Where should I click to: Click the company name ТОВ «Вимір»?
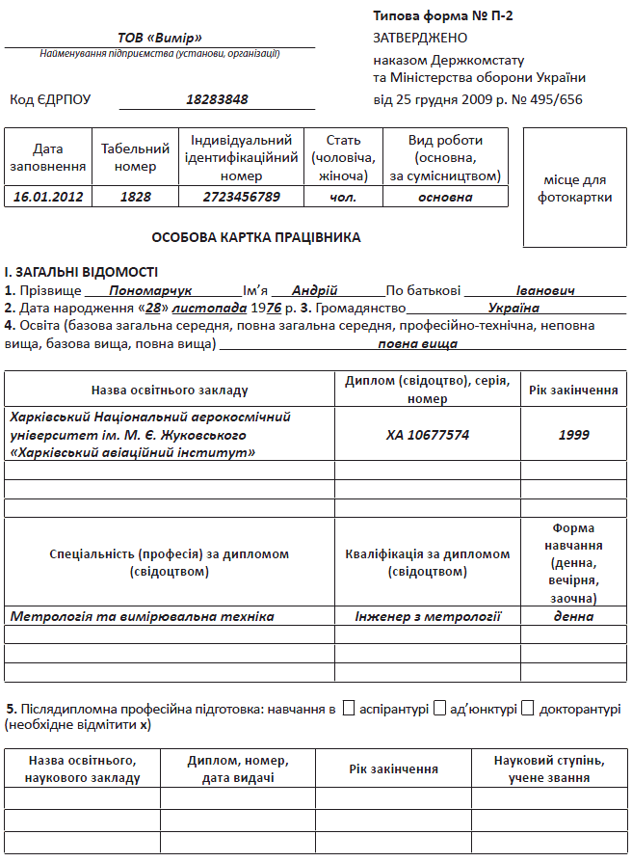click(x=159, y=38)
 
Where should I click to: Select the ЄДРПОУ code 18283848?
click(x=217, y=98)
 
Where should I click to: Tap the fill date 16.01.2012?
click(x=48, y=197)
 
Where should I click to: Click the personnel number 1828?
click(x=136, y=197)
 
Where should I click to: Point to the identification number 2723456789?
click(x=241, y=197)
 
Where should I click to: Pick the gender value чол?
click(x=343, y=197)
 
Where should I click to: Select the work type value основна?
click(x=445, y=197)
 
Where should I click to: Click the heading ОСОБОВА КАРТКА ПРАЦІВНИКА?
click(x=256, y=236)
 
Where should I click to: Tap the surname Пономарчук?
click(x=151, y=290)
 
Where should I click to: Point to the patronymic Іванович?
click(x=545, y=290)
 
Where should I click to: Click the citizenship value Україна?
click(x=513, y=309)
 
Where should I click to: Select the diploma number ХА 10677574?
click(x=428, y=435)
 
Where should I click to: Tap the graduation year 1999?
click(x=574, y=435)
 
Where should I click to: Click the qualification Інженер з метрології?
click(x=428, y=616)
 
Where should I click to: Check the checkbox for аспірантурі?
click(x=349, y=709)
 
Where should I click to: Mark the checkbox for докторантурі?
click(x=527, y=709)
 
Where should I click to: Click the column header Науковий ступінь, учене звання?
click(x=548, y=768)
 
